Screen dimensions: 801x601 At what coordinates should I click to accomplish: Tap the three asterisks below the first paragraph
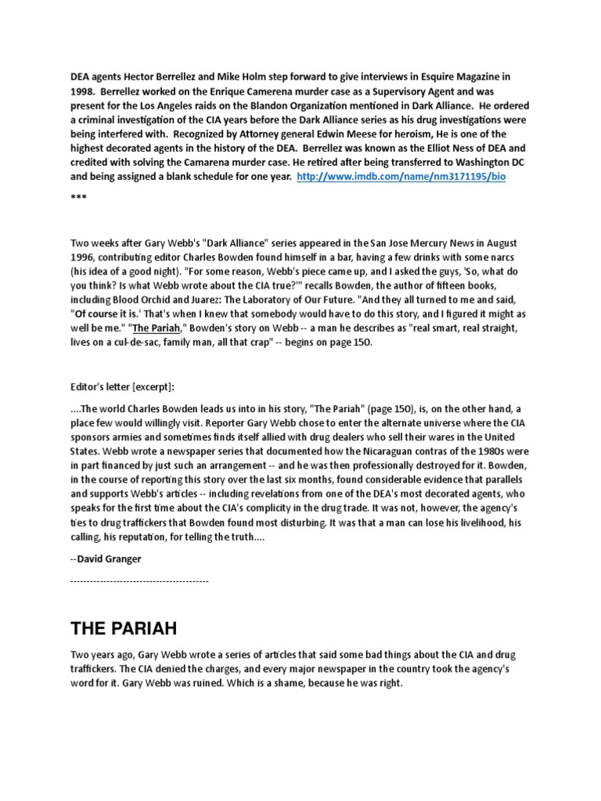pyautogui.click(x=78, y=197)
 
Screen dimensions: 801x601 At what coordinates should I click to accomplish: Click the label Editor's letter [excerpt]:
pyautogui.click(x=123, y=386)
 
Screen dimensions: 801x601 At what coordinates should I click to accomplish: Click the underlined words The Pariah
pyautogui.click(x=161, y=328)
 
